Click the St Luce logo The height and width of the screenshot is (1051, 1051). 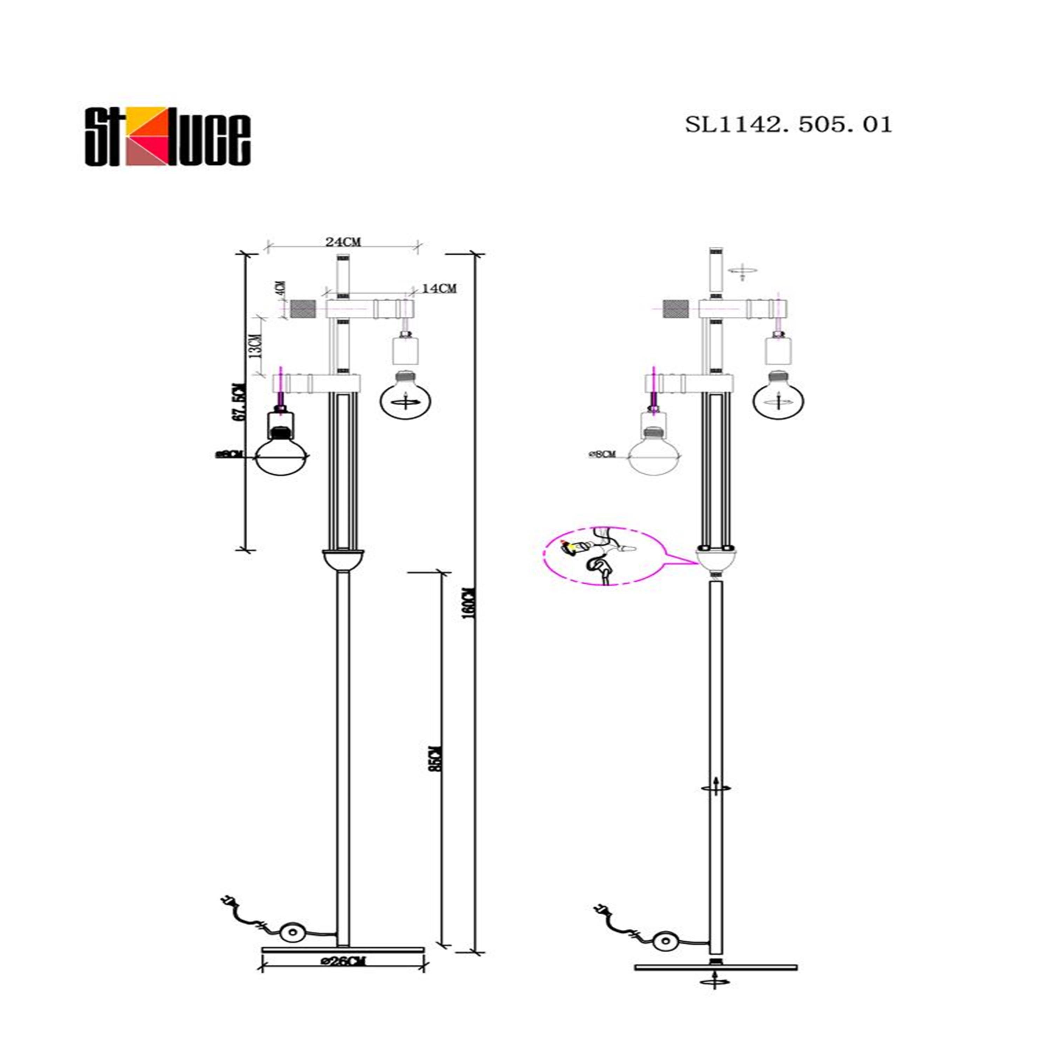[x=167, y=136]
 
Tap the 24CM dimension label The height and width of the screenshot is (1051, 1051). [x=343, y=241]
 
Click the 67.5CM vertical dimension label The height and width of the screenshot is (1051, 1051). [x=238, y=402]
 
